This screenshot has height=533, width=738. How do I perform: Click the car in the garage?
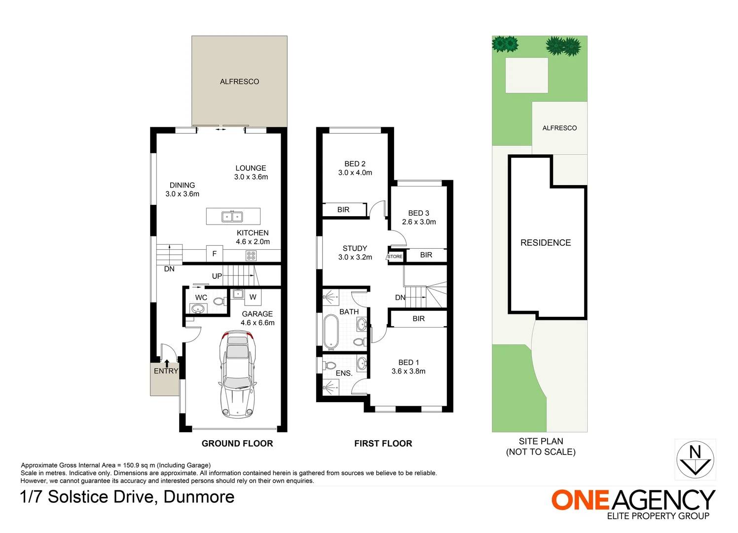click(237, 375)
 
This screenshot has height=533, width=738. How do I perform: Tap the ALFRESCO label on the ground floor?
click(240, 82)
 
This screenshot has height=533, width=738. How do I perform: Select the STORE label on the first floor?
click(395, 257)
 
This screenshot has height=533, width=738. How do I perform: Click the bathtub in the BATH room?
click(331, 332)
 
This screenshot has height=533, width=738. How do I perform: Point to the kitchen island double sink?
click(232, 217)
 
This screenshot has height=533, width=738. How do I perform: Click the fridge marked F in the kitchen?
click(215, 254)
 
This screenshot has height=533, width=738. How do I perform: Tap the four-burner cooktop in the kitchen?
click(251, 256)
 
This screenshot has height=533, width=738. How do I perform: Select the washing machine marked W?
click(253, 297)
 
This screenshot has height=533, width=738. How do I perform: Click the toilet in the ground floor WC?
click(220, 301)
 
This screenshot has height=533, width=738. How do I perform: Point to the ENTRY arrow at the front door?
click(167, 363)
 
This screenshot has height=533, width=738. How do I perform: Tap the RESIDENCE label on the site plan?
click(546, 243)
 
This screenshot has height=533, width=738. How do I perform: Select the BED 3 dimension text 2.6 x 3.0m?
click(419, 222)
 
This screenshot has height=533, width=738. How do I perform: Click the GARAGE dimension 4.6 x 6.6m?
click(258, 323)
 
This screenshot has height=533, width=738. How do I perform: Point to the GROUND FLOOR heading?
click(237, 444)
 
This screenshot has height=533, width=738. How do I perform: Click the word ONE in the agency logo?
click(580, 500)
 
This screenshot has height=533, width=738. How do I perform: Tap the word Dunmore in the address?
click(199, 497)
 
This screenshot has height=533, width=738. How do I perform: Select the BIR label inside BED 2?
click(343, 210)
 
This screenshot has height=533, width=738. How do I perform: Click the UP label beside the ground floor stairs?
click(217, 276)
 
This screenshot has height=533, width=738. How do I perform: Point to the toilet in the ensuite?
click(330, 366)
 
